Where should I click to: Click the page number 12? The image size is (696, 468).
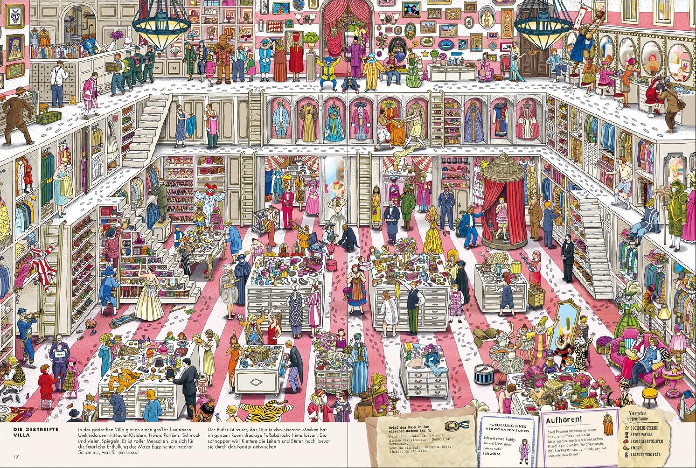[x=17, y=457]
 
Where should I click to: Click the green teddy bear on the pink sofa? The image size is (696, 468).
[x=631, y=351]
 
